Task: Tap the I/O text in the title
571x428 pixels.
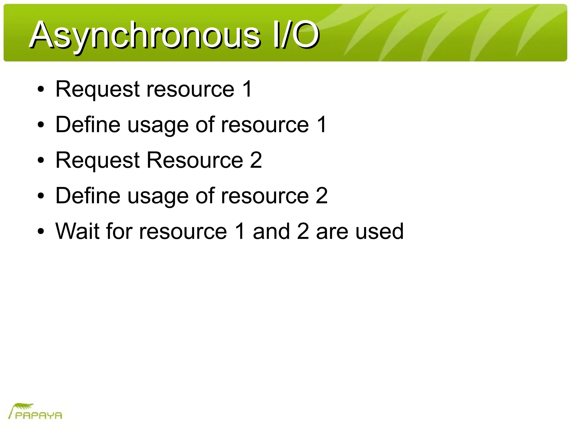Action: (296, 35)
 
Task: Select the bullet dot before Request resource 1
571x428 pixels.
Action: (41, 89)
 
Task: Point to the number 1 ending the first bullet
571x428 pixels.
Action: (247, 89)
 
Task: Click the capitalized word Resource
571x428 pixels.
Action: (195, 160)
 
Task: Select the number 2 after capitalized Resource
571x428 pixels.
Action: (256, 160)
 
